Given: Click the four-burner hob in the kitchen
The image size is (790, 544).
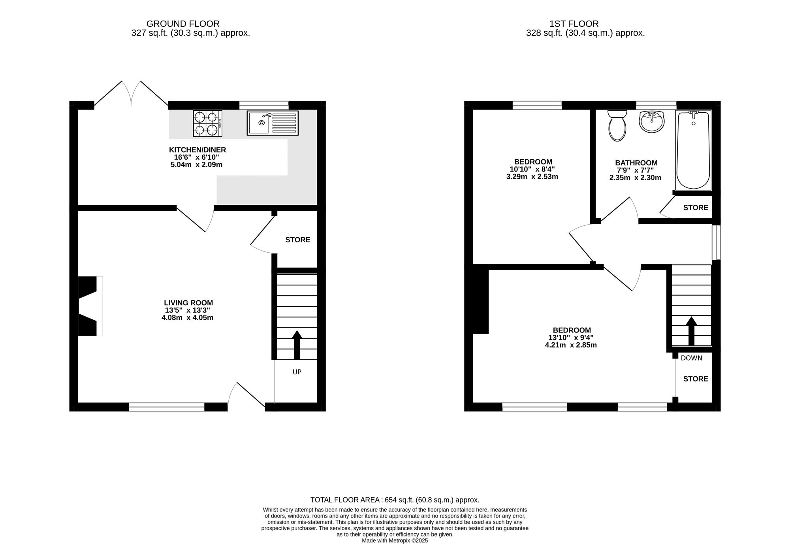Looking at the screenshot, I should coord(207,123).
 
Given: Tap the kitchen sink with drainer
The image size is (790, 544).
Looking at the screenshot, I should coord(273,123).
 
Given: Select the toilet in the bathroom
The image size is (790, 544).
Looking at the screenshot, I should coord(617,126).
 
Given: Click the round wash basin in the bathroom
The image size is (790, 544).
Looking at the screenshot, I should coord(651,121).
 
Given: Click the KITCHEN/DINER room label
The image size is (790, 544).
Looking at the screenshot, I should coord(197,150).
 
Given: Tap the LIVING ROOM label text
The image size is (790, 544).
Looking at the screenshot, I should coord(188,303).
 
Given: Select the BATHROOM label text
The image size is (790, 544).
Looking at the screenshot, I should coord(636,163).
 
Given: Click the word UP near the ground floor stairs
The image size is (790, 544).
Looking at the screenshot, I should coord(297,372).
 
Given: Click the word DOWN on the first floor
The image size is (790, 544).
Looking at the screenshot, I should coord(691,358).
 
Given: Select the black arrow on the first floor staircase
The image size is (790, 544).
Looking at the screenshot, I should coord(691,331).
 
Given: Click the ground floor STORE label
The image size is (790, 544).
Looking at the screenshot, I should coord(297,240).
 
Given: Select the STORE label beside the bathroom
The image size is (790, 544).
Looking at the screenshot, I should coord(695,208).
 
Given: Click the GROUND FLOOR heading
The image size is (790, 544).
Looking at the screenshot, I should coord(183,24).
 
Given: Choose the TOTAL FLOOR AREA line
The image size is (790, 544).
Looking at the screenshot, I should coord(395,500).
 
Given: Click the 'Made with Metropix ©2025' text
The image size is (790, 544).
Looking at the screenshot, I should coord(395,540).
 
